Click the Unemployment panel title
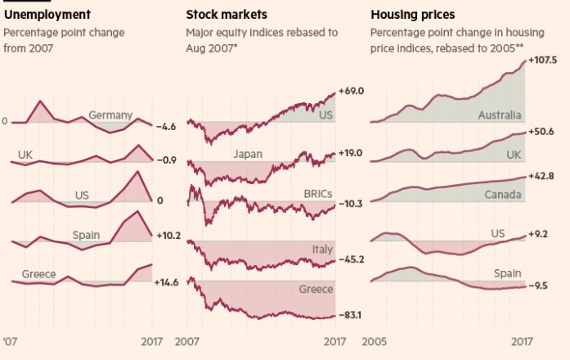47,15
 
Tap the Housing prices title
413,15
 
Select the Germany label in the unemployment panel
110,115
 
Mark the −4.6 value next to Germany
165,127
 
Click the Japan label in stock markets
248,154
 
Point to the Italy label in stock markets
321,248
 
